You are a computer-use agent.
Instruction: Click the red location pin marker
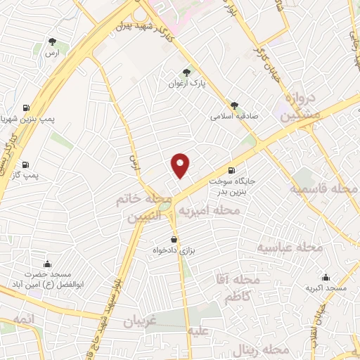click(x=181, y=165)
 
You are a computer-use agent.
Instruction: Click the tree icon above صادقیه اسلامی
click(x=234, y=105)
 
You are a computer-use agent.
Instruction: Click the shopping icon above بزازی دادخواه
click(x=174, y=239)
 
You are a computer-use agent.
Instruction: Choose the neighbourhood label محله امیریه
click(x=208, y=210)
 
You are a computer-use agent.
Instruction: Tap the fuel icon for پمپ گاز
click(x=26, y=162)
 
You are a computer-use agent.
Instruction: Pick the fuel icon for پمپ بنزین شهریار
click(x=26, y=108)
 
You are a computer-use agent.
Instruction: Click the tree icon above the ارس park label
click(x=51, y=41)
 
